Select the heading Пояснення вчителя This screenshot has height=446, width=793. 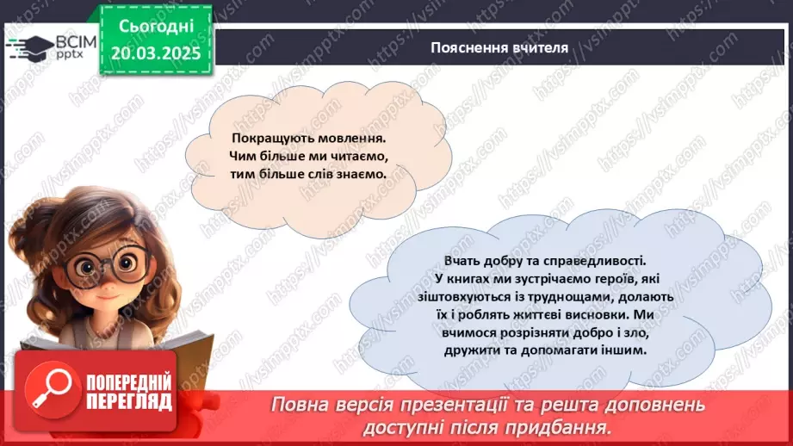[x=499, y=47]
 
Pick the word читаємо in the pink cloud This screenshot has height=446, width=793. [x=356, y=156]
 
